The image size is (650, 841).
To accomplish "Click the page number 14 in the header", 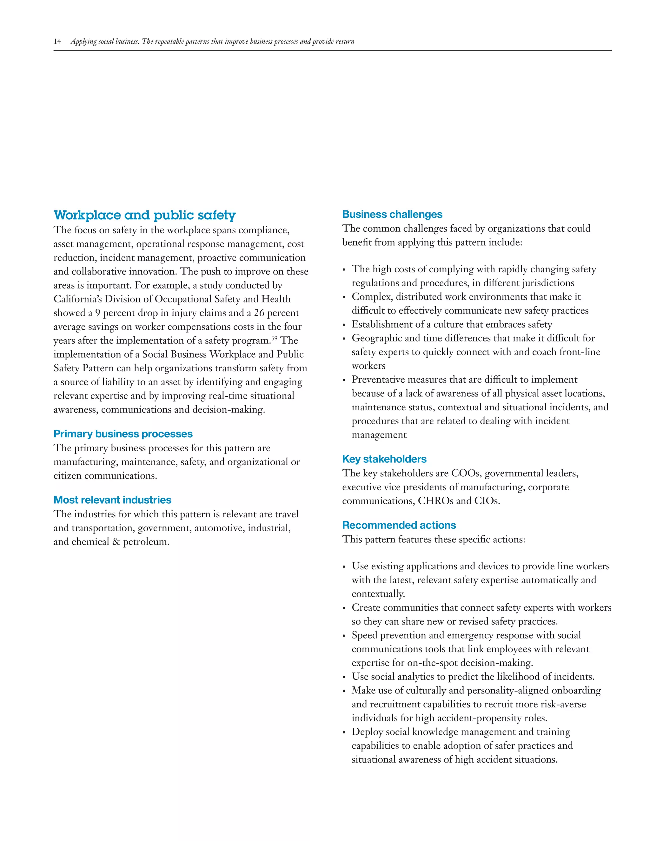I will click(57, 42).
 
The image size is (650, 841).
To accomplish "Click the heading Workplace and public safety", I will click(144, 215).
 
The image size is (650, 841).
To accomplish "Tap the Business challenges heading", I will click(392, 214).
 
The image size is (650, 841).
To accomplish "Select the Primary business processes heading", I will click(123, 434).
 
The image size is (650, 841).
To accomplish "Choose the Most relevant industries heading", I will click(112, 500).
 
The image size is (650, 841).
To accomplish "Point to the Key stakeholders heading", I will click(384, 459).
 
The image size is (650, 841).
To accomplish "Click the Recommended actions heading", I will click(399, 525).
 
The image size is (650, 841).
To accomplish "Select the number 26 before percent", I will click(259, 313).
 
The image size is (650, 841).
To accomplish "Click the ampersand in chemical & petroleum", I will click(116, 542).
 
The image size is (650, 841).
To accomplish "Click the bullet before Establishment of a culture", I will click(344, 325).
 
